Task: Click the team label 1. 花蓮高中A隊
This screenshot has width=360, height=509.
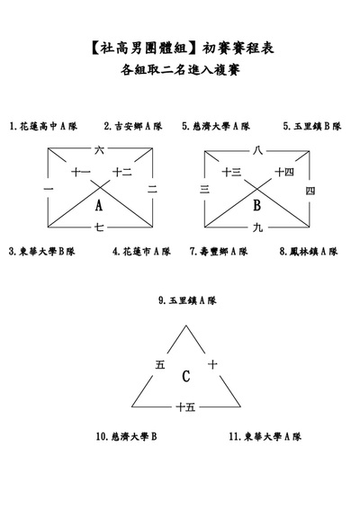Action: tap(43, 126)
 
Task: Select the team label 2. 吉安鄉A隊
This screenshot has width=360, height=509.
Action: tap(133, 126)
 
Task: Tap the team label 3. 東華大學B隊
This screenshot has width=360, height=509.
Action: tap(42, 251)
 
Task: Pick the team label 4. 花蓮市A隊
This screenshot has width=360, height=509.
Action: tap(141, 251)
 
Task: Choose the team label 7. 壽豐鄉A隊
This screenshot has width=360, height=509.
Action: tap(219, 251)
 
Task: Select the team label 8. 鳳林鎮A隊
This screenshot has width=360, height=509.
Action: tap(309, 251)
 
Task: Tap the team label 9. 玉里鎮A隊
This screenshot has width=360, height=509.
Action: tap(187, 300)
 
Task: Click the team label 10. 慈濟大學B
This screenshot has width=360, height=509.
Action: tap(126, 436)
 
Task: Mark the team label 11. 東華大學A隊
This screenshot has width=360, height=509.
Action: tap(265, 436)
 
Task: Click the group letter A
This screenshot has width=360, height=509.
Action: tap(99, 205)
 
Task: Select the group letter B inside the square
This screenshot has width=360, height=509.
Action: tap(256, 205)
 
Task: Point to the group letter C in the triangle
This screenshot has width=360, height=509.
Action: tap(185, 376)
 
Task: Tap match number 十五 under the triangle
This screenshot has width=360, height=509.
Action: tap(185, 406)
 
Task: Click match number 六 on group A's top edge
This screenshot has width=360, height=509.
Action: tap(99, 150)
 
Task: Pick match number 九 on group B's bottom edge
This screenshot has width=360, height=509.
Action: tap(257, 228)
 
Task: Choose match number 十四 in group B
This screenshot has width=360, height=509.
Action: tap(284, 172)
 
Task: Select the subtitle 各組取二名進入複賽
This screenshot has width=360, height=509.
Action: tap(180, 69)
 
